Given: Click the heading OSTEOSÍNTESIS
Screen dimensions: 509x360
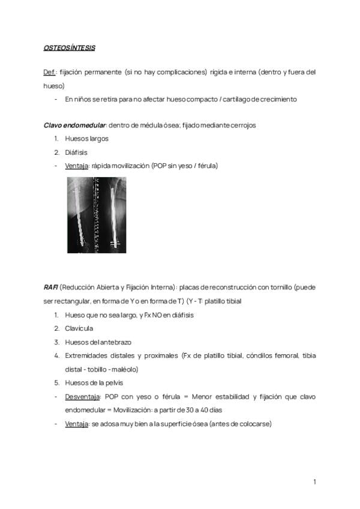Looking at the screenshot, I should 70,47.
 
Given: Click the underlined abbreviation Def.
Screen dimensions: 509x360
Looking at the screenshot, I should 50,72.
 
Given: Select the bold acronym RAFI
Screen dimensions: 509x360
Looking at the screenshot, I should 50,288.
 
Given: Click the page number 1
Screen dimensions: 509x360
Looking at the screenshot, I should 314,481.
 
